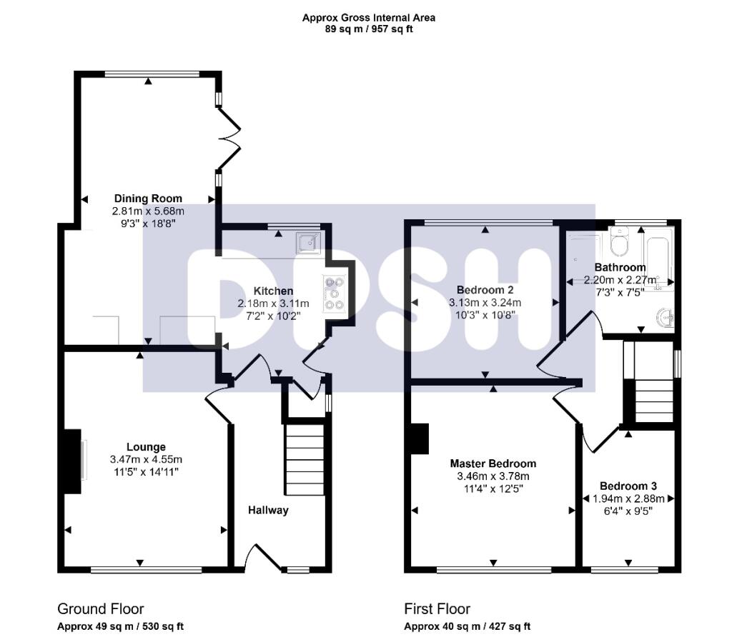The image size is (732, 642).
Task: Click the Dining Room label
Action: pos(148,199)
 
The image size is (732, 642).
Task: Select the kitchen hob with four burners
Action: pos(333,293)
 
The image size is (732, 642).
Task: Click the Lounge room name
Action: pos(147,447)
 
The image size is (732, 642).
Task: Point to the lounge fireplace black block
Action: pos(71,461)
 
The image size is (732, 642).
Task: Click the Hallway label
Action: pos(268,510)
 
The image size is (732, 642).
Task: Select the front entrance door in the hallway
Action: pos(262,558)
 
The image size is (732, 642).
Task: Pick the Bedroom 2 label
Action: pos(485,290)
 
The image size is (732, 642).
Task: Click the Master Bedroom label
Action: pos(493,463)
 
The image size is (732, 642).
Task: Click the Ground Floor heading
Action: pos(100,609)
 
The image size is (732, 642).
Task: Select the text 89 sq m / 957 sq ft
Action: pos(368,29)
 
